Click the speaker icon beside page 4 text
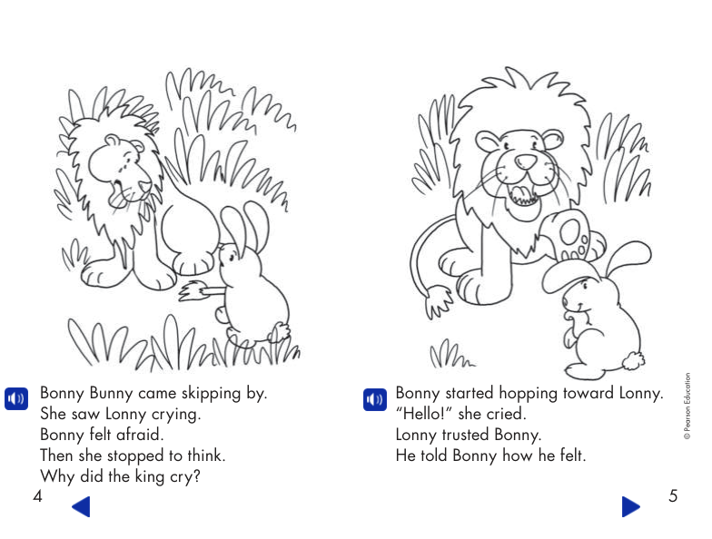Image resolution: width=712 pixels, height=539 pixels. tap(16, 398)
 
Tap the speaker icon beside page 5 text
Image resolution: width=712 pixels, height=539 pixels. tap(374, 398)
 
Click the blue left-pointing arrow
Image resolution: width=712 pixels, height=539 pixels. tap(81, 506)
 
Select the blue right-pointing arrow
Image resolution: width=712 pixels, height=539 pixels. tap(630, 506)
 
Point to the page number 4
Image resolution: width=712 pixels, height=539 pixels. tap(37, 495)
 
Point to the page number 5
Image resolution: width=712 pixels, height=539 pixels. tap(672, 495)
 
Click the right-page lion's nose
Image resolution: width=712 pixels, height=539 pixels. tap(525, 162)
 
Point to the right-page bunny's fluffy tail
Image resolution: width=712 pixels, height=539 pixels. tap(629, 361)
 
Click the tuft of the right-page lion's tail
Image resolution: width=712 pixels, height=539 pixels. tap(439, 300)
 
